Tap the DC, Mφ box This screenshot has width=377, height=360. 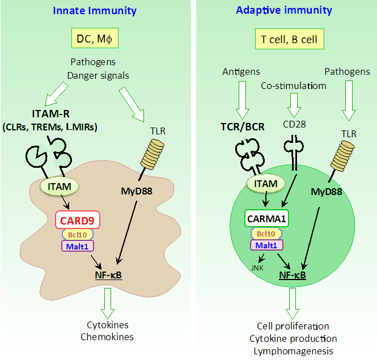pyautogui.click(x=95, y=39)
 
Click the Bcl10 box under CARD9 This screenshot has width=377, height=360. pyautogui.click(x=77, y=234)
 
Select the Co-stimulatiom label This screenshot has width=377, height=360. pyautogui.click(x=294, y=85)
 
